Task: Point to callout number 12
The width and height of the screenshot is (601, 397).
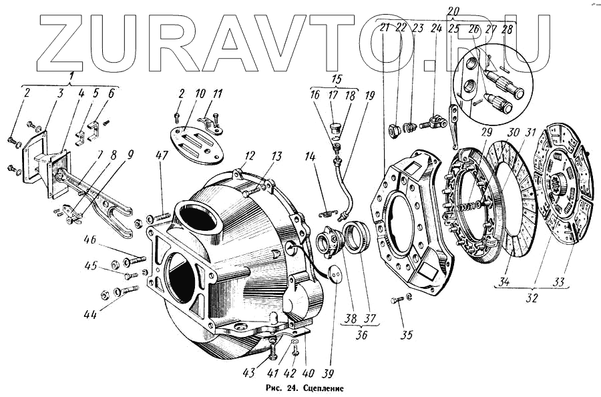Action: point(250,156)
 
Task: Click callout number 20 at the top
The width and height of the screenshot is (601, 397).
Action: point(453,11)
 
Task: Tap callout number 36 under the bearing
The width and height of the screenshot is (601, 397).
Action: point(361,336)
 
